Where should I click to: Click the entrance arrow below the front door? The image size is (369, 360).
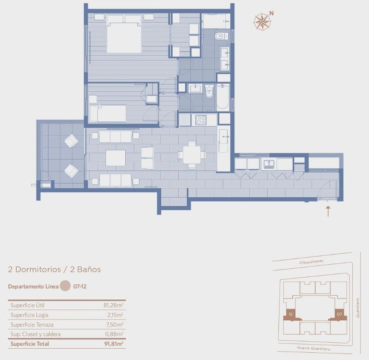[328, 211]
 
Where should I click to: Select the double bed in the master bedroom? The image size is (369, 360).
[124, 34]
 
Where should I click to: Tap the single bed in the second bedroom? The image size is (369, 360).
[108, 114]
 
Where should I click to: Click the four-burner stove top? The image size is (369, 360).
[201, 120]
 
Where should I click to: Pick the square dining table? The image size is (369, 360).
[192, 155]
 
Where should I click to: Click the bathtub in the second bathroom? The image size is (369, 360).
[223, 96]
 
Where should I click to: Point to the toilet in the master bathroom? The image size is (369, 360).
[221, 36]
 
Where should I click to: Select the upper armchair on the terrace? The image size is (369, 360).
[71, 141]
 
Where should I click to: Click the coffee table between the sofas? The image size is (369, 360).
[116, 158]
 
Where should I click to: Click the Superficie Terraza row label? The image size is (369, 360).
[32, 325]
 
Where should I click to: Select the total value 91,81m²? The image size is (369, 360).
[114, 344]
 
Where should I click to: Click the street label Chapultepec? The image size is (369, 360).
[311, 262]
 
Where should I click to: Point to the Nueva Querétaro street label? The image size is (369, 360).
[314, 348]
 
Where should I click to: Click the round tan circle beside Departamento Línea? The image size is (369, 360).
[65, 286]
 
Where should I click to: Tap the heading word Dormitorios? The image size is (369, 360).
[38, 269]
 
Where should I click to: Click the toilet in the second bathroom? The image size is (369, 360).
[209, 91]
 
